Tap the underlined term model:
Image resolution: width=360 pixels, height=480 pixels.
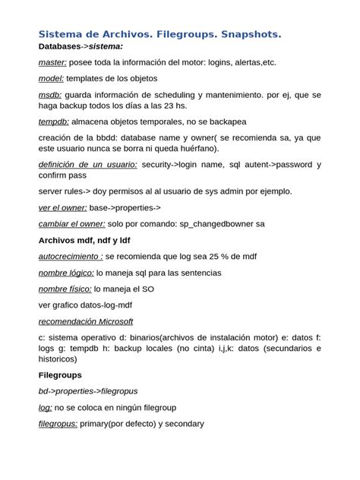point(51,78)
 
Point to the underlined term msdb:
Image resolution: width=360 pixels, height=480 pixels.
point(50,94)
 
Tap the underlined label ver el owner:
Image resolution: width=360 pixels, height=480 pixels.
point(63,207)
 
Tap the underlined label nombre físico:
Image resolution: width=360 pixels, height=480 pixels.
point(65,289)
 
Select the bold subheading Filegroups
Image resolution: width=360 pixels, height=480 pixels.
point(60,375)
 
